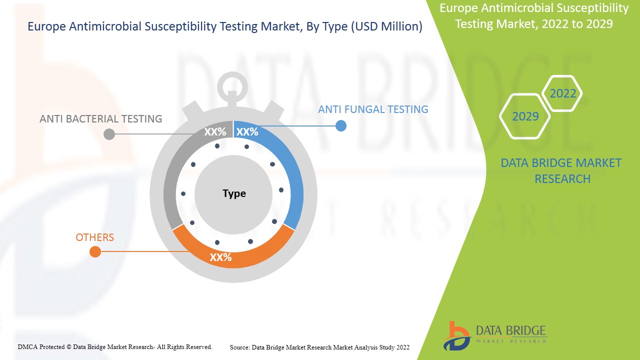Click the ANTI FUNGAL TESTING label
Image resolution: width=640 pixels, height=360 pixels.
pos(373,109)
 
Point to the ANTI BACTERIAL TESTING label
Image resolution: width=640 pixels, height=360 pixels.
pos(101,118)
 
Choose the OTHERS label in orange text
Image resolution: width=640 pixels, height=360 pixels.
pos(95,237)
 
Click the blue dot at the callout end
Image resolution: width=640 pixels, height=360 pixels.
pos(340,125)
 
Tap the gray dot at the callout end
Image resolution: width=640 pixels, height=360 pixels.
pos(109,134)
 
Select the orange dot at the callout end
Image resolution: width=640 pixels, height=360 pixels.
pos(95,251)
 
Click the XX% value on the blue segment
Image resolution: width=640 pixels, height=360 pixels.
pos(247,132)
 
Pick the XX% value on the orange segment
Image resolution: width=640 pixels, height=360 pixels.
pos(220,257)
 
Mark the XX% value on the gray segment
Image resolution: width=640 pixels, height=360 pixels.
pos(215,132)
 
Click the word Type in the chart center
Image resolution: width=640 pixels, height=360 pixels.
pos(234,193)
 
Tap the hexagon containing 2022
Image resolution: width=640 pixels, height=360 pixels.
pos(563,93)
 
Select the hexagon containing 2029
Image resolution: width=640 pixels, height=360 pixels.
pos(525,116)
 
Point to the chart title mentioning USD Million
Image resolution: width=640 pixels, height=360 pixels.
pos(225,26)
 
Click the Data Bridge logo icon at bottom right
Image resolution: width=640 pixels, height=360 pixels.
pos(456,335)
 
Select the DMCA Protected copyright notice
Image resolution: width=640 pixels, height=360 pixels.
pos(115,346)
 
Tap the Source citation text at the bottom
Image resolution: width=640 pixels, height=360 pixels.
pos(319,347)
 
